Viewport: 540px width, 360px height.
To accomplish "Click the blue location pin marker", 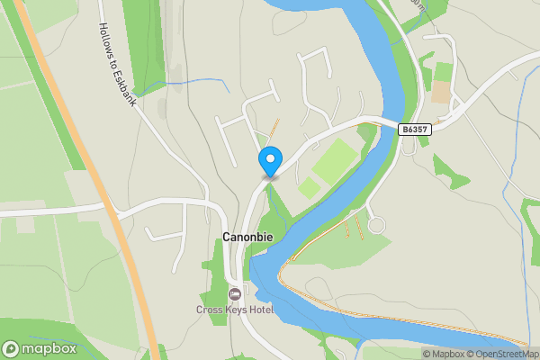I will pos(269,161).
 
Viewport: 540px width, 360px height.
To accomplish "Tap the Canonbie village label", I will pos(247,237).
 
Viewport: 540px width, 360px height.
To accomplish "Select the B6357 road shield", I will pos(415,130).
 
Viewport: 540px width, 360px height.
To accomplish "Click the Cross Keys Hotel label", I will pos(235,310).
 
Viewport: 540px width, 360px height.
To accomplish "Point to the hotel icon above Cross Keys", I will pos(235,294).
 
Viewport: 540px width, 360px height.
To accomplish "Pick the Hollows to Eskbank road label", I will pos(117,63).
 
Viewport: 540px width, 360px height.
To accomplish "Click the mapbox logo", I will pos(37,348).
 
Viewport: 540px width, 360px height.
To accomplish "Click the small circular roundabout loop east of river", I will pos(376,224).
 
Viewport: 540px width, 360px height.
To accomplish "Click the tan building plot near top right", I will pos(441,93).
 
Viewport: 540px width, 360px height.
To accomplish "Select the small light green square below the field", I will pos(309,187).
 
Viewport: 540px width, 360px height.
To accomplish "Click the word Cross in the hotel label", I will pos(210,310).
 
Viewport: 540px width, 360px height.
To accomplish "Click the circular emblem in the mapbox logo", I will pos(12,348).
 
